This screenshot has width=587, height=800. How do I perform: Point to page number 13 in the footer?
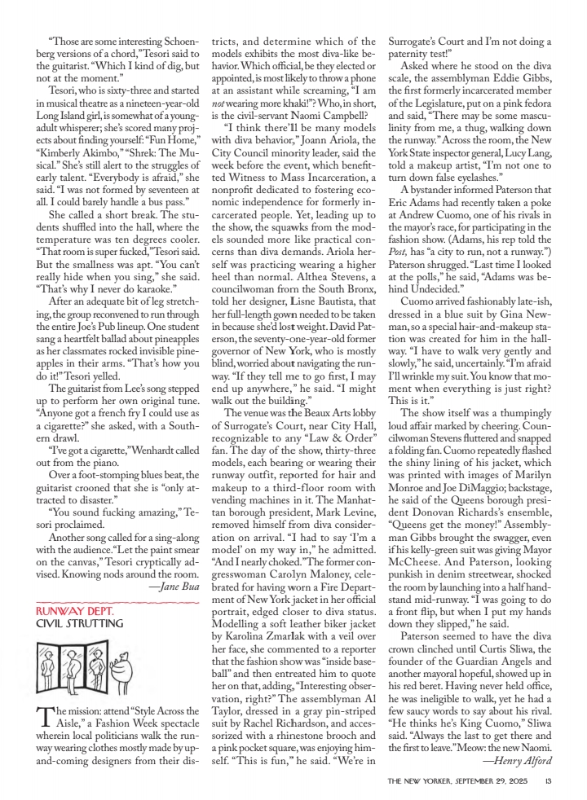[549, 781]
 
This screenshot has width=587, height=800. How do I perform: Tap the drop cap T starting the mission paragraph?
[44, 718]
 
